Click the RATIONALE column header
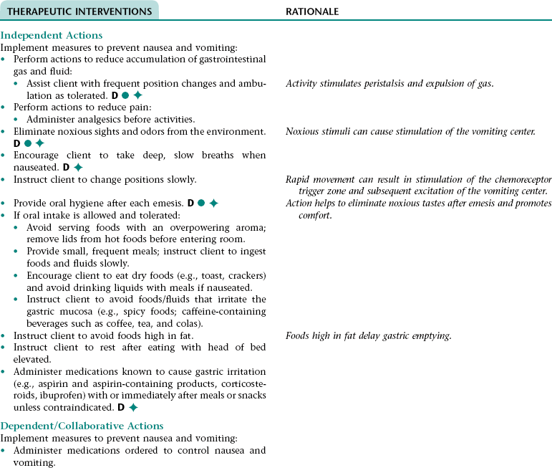point(312,12)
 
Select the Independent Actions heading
point(52,35)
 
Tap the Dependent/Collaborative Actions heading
point(82,426)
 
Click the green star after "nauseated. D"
point(78,168)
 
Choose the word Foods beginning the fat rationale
point(298,335)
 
